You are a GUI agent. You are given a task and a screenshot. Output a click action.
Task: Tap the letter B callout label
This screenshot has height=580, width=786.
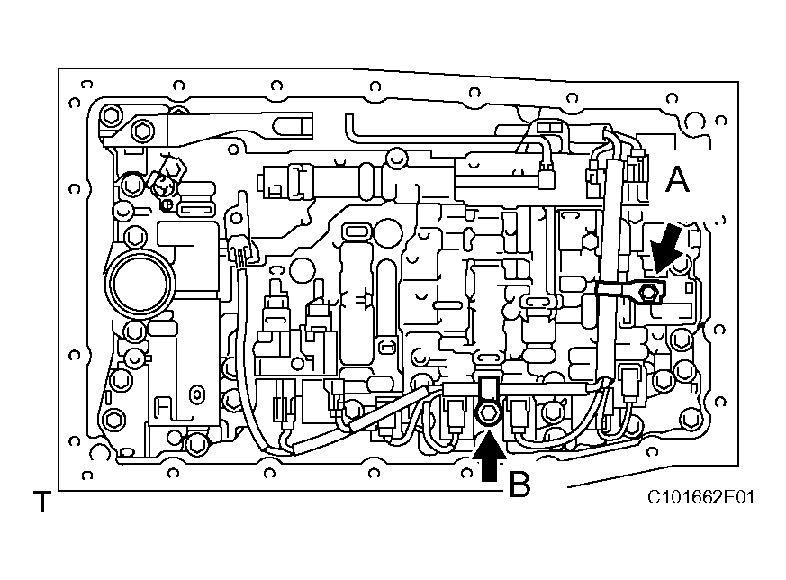pos(519,485)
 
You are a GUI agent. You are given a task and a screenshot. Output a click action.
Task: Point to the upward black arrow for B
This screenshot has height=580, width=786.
pos(489,457)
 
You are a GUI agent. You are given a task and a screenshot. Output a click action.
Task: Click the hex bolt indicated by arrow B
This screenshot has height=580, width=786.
pos(487,412)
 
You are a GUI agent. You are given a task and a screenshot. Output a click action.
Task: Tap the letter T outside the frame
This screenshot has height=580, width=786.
pos(41,502)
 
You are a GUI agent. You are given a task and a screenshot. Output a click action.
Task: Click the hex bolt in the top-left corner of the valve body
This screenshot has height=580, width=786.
pos(112,115)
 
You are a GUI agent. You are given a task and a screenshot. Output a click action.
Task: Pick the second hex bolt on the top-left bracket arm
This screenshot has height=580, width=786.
pos(142,131)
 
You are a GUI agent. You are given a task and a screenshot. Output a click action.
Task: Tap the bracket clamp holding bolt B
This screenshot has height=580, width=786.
pos(487,393)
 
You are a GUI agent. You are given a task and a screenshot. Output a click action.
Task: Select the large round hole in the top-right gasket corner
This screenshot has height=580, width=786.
pos(693,122)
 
